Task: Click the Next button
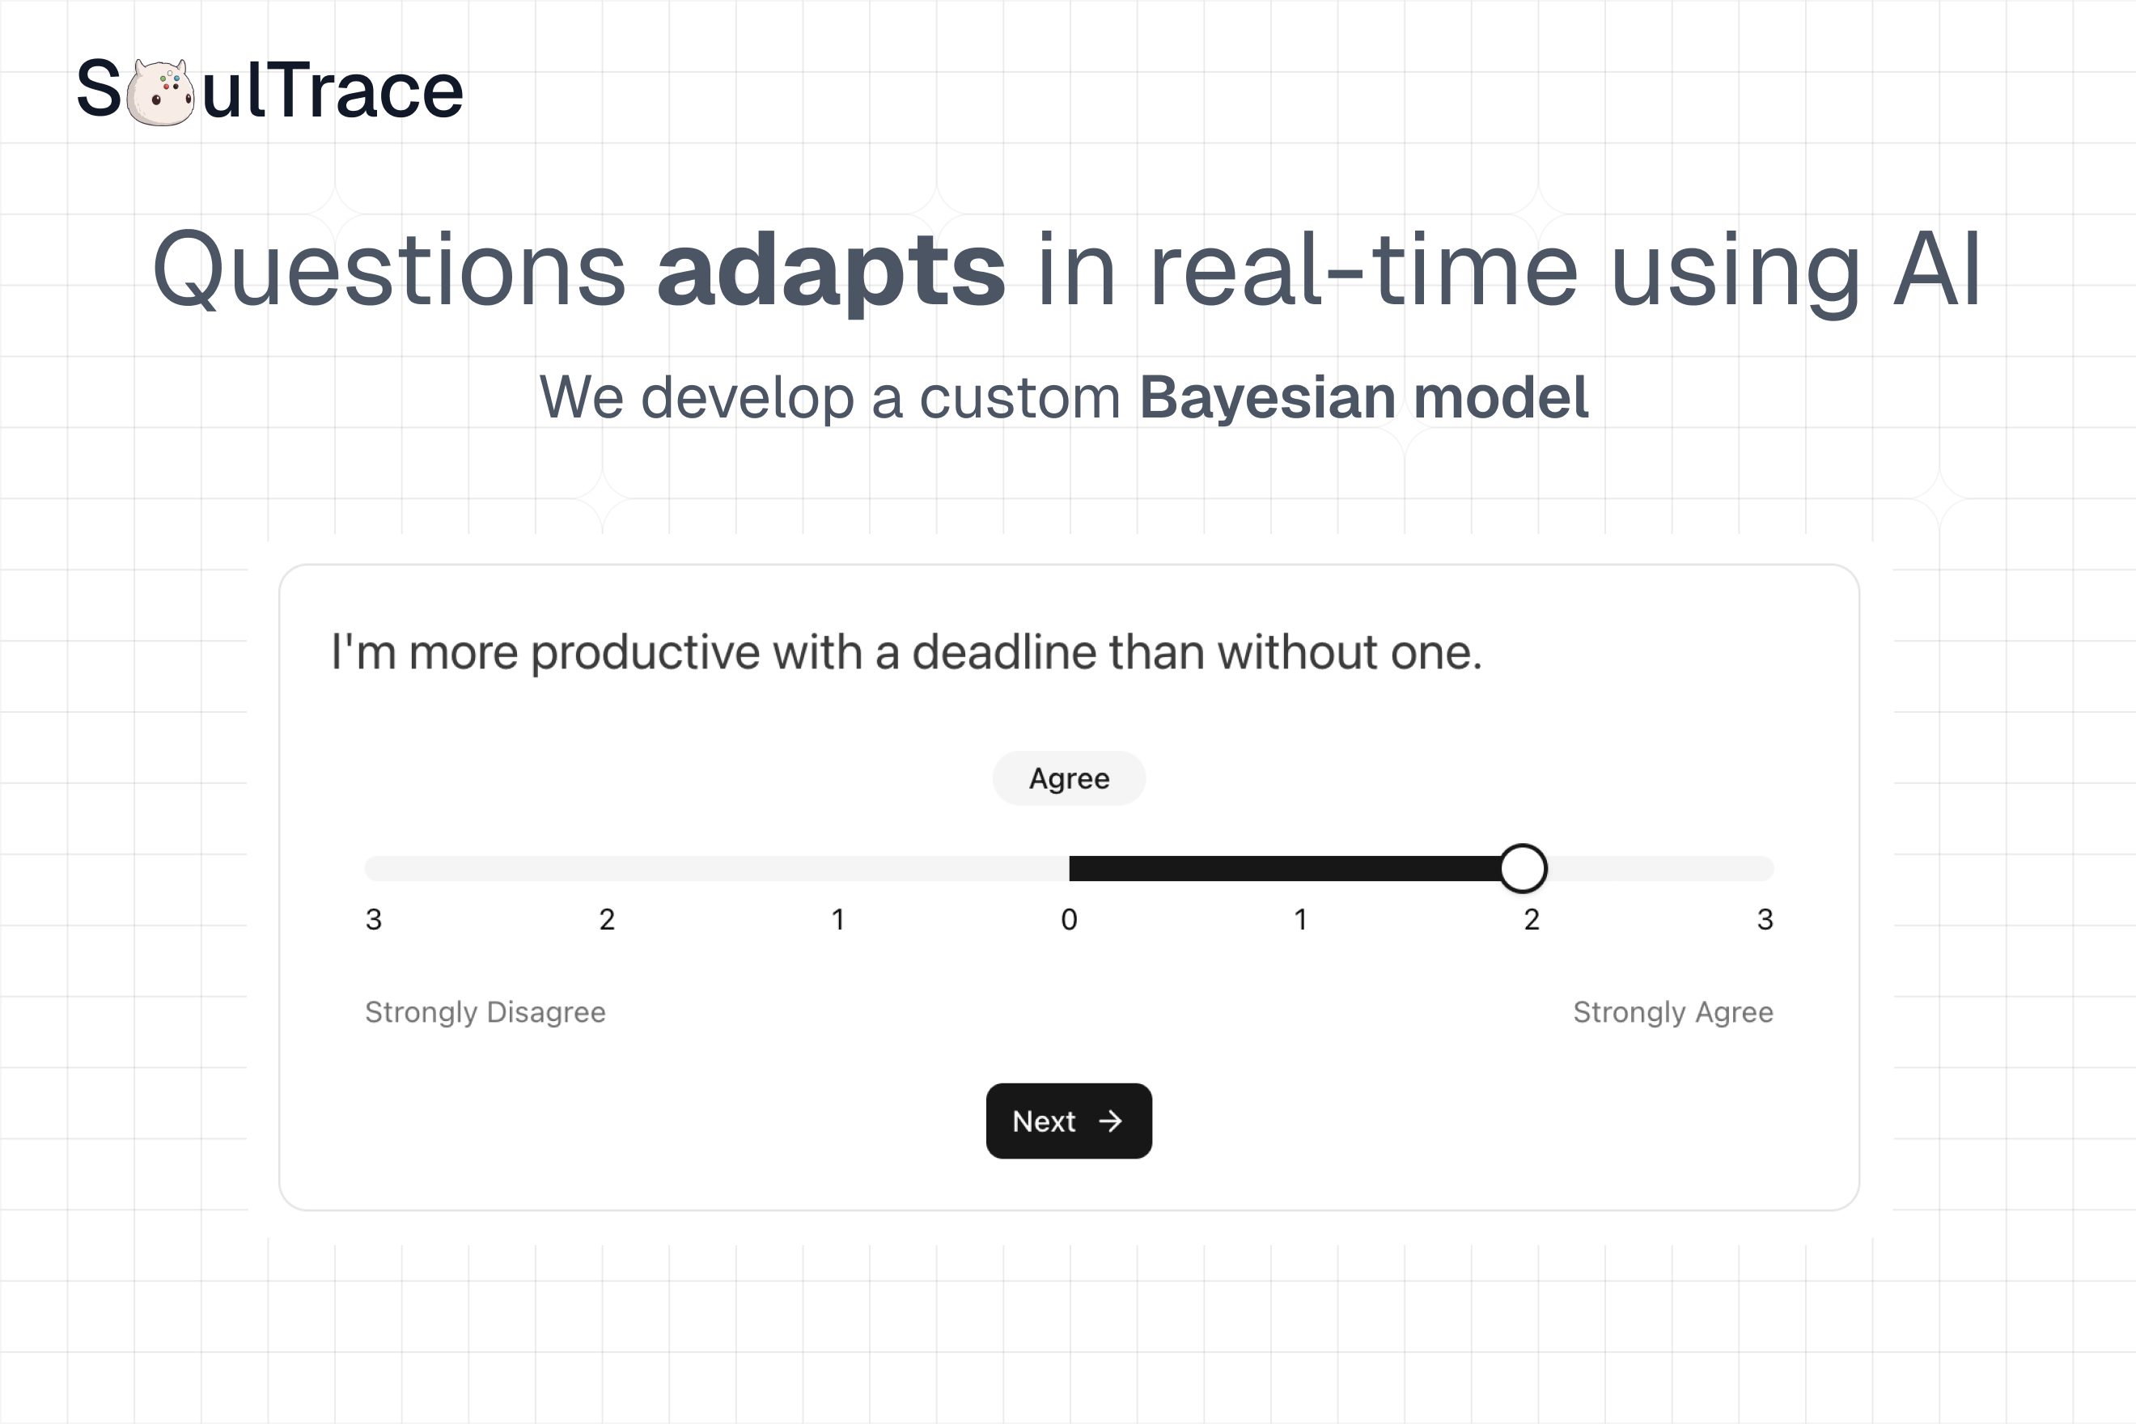[x=1068, y=1121]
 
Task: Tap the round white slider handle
[x=1522, y=868]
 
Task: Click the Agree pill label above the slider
[x=1068, y=778]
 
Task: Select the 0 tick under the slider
[x=1069, y=919]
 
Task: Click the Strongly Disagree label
[x=485, y=1011]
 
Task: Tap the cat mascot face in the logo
[x=160, y=92]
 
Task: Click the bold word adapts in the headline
[x=830, y=269]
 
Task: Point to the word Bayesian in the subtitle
[x=1267, y=398]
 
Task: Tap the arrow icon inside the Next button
[x=1110, y=1121]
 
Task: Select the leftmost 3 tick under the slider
[x=373, y=919]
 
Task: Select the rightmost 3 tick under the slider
[x=1765, y=919]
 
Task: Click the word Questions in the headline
[x=388, y=269]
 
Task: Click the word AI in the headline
[x=1936, y=269]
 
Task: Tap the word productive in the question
[x=645, y=652]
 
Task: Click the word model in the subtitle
[x=1500, y=398]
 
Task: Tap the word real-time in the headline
[x=1363, y=269]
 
